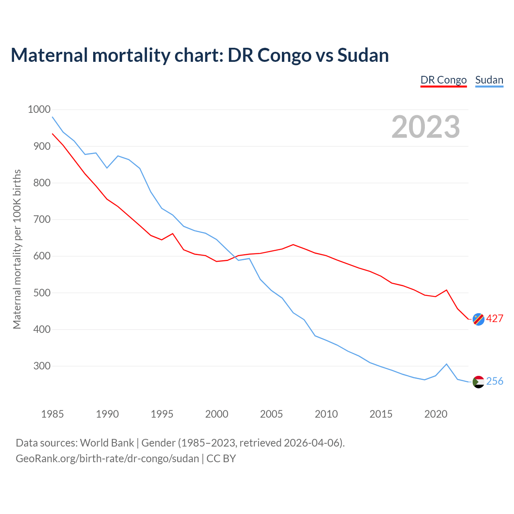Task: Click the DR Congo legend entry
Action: [x=443, y=80]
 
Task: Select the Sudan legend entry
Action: [x=489, y=80]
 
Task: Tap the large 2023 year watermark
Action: [x=426, y=127]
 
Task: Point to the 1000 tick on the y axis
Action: [x=39, y=109]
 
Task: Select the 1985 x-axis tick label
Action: [x=52, y=414]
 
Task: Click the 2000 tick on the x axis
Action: [x=216, y=414]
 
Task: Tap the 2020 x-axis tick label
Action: [x=436, y=414]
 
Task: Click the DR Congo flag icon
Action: [x=478, y=319]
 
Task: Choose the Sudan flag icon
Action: [x=478, y=382]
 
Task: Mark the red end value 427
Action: [x=495, y=319]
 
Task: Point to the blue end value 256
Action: [x=495, y=381]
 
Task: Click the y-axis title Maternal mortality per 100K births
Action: [x=17, y=249]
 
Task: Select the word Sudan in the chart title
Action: [x=363, y=55]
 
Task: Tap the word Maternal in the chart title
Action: [x=49, y=55]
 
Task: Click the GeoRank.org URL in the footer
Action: [x=107, y=459]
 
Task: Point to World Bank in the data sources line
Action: [x=107, y=443]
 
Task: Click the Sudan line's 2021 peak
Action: [x=447, y=364]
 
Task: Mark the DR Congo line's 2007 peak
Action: [x=293, y=245]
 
